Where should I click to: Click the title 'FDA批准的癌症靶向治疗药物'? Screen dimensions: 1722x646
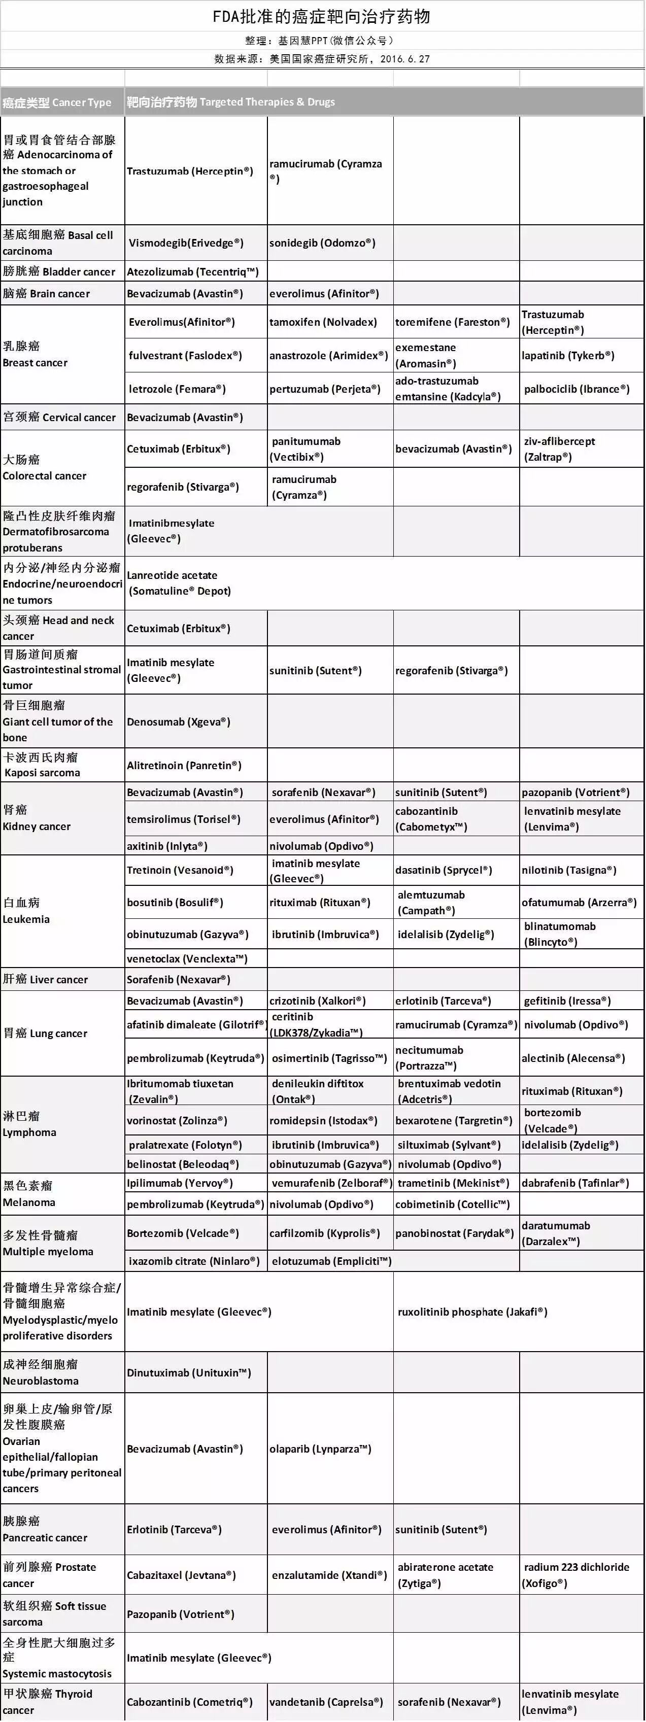pyautogui.click(x=321, y=17)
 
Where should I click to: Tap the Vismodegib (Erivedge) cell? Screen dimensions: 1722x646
pyautogui.click(x=186, y=243)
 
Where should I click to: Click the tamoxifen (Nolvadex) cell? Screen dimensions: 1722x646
pyautogui.click(x=323, y=322)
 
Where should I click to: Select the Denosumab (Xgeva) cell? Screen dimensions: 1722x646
pyautogui.click(x=179, y=722)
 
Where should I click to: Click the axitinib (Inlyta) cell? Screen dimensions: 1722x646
pyautogui.click(x=167, y=846)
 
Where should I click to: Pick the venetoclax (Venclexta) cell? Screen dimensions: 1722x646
pyautogui.click(x=187, y=958)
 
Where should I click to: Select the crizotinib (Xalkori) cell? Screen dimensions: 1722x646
pyautogui.click(x=318, y=1001)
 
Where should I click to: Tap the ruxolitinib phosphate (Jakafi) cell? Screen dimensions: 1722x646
pyautogui.click(x=472, y=1312)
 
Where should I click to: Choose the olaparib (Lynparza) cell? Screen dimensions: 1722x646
pyautogui.click(x=320, y=1449)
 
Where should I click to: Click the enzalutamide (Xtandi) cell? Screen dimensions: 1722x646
pyautogui.click(x=329, y=1575)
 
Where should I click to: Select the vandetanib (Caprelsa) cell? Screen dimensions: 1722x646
pyautogui.click(x=326, y=1702)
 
